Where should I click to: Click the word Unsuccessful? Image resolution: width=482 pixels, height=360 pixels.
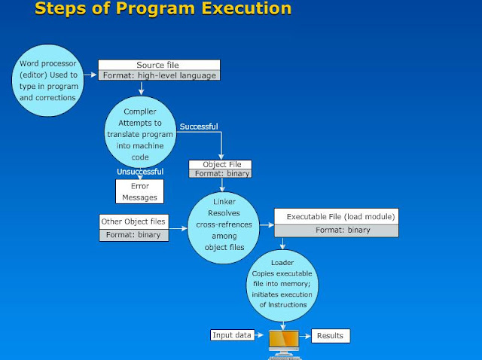(139, 172)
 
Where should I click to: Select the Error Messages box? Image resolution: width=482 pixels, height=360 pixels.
(139, 192)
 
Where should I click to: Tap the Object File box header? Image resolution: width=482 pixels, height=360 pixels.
(219, 164)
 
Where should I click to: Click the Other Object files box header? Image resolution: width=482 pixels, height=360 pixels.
(134, 222)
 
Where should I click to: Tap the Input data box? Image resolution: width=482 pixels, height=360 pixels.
(233, 335)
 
